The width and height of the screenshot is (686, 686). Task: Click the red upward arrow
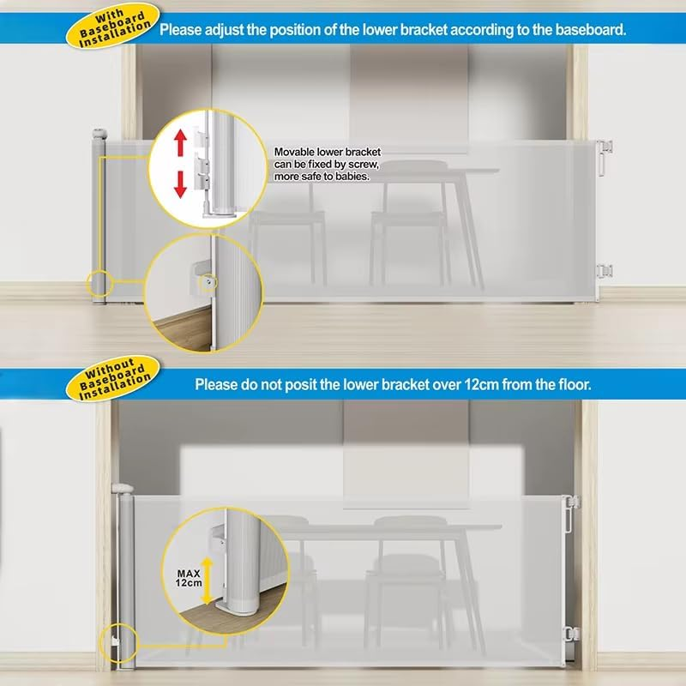pos(181,143)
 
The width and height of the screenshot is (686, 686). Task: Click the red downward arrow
pos(181,183)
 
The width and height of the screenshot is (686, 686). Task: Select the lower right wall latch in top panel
pos(605,271)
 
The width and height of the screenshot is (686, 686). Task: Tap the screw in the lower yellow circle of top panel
pos(208,280)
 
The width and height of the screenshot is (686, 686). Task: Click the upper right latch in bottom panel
pos(569,501)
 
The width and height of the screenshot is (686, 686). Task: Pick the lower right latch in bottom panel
pos(569,635)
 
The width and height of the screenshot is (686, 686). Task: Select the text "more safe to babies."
pos(322,177)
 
